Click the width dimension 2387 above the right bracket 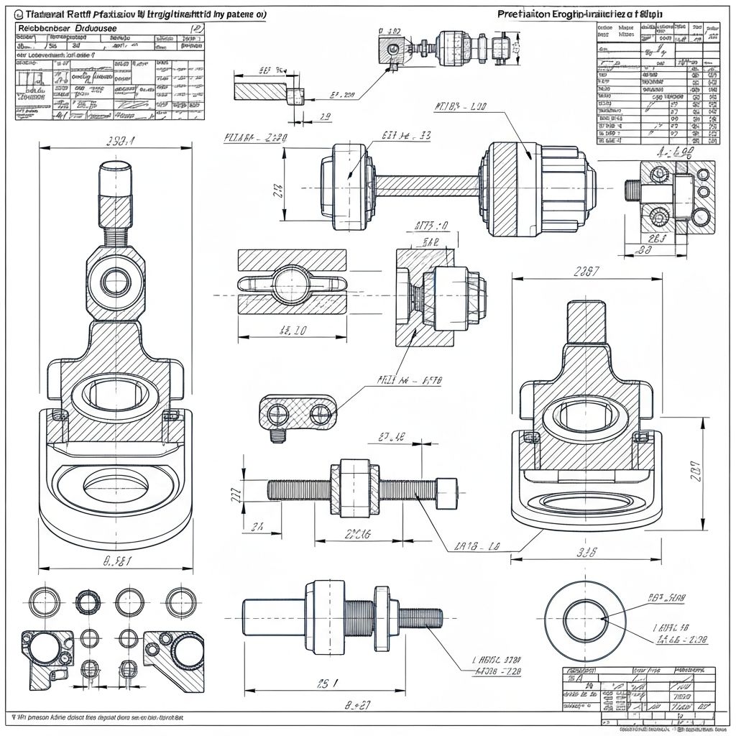tap(586, 272)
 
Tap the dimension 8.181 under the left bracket tap(116, 561)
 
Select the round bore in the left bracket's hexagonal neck tap(115, 281)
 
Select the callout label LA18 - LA tap(477, 547)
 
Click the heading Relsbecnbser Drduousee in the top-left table tap(68, 27)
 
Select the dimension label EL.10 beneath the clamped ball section tap(292, 331)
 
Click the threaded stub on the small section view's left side tap(633, 191)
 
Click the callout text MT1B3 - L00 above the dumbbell tap(460, 107)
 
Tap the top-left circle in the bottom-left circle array tap(43, 602)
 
